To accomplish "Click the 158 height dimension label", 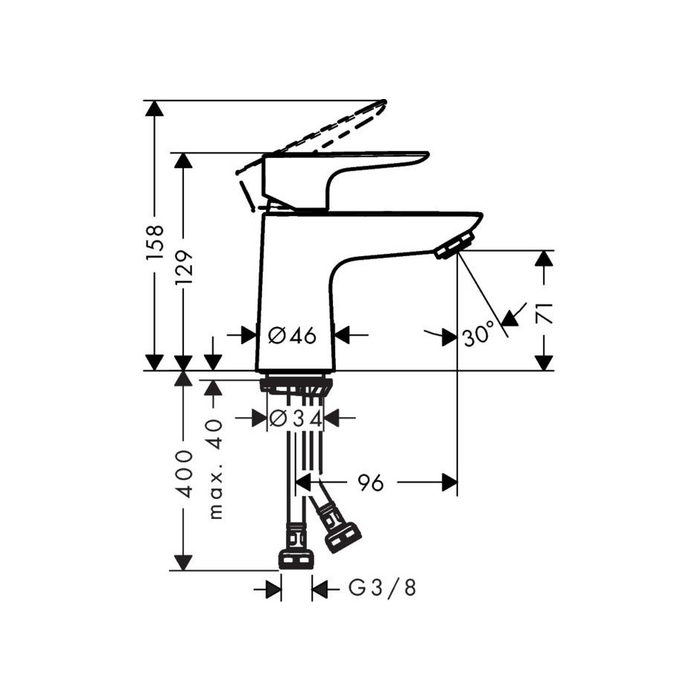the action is [x=156, y=242].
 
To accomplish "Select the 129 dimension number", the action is [x=184, y=267].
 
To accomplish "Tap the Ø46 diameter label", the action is [x=292, y=335].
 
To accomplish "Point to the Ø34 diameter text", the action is [x=296, y=419].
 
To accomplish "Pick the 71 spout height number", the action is [x=544, y=314].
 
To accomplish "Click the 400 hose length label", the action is [x=184, y=474].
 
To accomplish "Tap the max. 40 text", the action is [x=216, y=470].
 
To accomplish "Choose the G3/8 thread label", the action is [x=382, y=588].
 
